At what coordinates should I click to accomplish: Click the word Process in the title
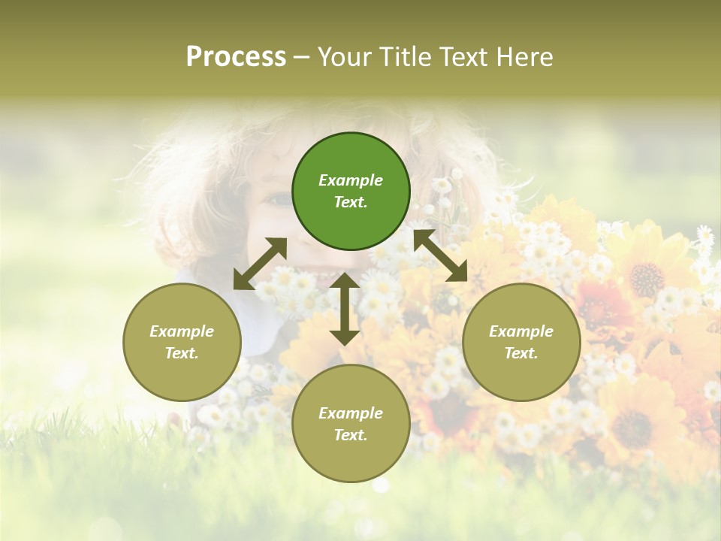tap(236, 57)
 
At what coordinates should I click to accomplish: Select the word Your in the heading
tap(342, 57)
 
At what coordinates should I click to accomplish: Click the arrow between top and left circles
tap(260, 264)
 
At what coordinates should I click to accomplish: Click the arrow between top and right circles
tap(440, 255)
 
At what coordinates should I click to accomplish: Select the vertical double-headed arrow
tap(345, 309)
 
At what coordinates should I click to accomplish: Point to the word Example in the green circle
tap(351, 180)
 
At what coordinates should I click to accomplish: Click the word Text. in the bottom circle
tap(351, 435)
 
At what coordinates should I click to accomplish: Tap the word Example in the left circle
tap(182, 331)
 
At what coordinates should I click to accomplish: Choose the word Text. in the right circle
tap(521, 353)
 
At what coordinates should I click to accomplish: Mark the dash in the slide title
tap(302, 58)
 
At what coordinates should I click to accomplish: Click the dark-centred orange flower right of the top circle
tap(646, 279)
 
